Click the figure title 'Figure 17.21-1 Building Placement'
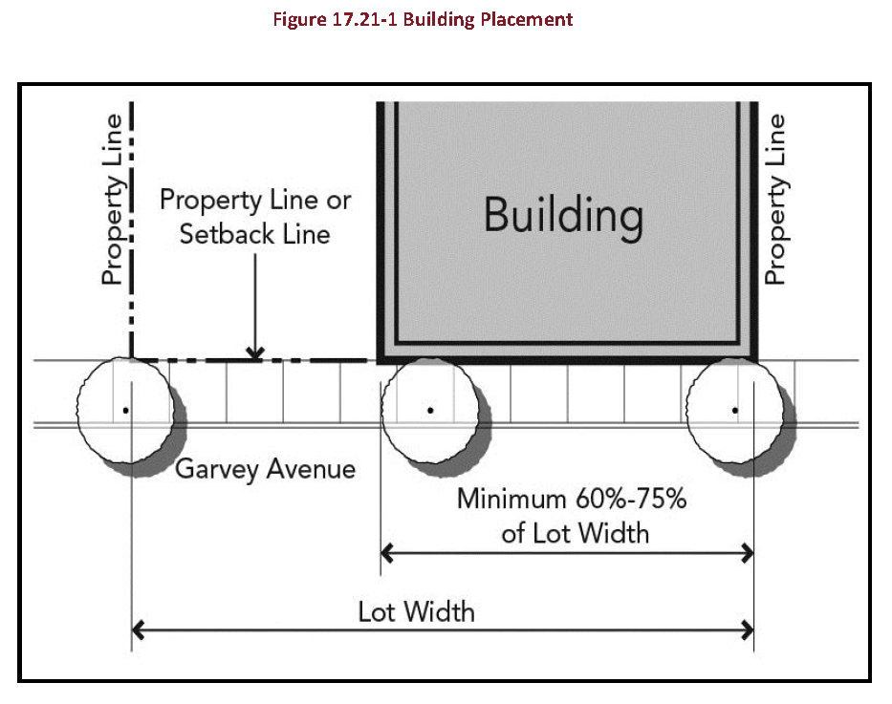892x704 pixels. click(x=423, y=20)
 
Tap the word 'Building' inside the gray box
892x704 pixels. click(x=564, y=217)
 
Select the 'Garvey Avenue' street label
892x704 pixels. click(x=265, y=470)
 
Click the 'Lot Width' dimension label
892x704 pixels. click(x=417, y=612)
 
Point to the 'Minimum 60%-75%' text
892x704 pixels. click(x=572, y=499)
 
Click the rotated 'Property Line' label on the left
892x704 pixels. click(x=112, y=200)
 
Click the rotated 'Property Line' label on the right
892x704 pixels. click(x=774, y=200)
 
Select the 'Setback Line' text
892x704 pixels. click(x=255, y=234)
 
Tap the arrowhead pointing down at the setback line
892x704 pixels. click(x=255, y=353)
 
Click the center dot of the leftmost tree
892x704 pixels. click(x=126, y=410)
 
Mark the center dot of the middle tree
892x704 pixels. click(x=430, y=410)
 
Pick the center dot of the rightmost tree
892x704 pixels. click(x=735, y=410)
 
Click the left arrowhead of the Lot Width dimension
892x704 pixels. click(x=137, y=630)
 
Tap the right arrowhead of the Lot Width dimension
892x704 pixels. click(x=749, y=630)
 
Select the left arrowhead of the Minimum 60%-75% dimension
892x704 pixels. click(x=386, y=553)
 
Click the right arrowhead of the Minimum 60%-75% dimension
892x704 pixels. click(x=749, y=553)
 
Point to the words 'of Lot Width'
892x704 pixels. click(x=576, y=534)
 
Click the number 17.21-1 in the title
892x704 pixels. click(x=363, y=19)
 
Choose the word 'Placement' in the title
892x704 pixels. click(x=526, y=19)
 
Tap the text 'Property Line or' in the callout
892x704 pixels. click(x=255, y=201)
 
